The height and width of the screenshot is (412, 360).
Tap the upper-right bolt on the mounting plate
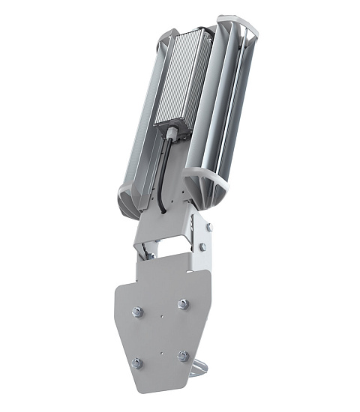[x=182, y=303]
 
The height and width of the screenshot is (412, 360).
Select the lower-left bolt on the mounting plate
[x=137, y=363]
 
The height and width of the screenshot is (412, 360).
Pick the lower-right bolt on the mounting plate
[x=182, y=356]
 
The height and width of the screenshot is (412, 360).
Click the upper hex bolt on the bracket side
[x=208, y=227]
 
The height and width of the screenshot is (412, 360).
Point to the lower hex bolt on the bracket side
[x=202, y=246]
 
